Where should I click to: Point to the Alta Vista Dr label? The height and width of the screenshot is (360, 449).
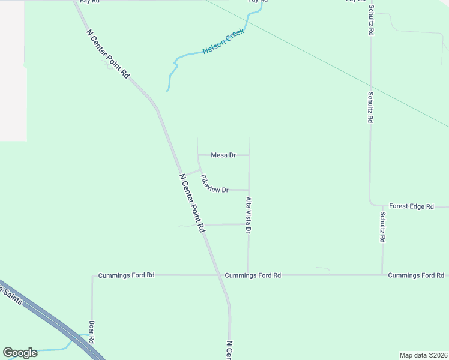click(248, 214)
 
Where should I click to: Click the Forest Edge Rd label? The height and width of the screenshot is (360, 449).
click(411, 206)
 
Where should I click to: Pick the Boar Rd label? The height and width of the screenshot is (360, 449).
click(92, 332)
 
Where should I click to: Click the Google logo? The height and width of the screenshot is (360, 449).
click(20, 353)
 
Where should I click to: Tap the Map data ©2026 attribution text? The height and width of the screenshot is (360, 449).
click(423, 355)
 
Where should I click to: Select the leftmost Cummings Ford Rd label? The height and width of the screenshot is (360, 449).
click(127, 275)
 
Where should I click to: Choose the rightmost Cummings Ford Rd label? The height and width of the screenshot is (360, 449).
click(416, 275)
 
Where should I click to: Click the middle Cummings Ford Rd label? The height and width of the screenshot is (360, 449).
click(253, 275)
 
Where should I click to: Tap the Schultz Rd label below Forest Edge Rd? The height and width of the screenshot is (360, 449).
click(382, 227)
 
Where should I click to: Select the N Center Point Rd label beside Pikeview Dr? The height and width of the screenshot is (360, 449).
click(193, 203)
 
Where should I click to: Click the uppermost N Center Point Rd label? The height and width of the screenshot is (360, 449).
click(108, 54)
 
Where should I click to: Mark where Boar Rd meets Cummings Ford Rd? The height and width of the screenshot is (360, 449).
click(92, 275)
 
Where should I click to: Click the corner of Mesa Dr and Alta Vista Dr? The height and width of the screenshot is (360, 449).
click(249, 155)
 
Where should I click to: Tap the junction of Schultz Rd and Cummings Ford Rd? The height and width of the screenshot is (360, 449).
click(382, 275)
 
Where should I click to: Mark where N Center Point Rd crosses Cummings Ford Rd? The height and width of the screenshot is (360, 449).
click(220, 275)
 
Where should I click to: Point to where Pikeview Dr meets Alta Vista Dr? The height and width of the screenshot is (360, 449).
click(249, 190)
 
